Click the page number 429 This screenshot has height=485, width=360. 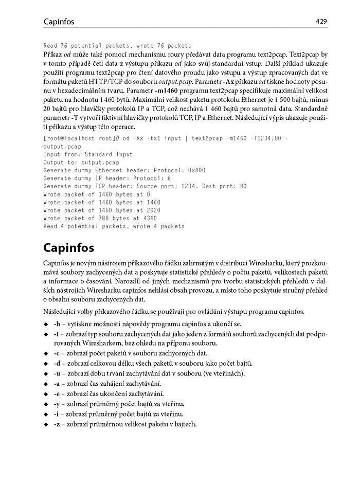tap(322, 21)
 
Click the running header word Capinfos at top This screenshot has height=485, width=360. tap(59, 22)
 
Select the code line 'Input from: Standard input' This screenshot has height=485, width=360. tap(88, 154)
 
